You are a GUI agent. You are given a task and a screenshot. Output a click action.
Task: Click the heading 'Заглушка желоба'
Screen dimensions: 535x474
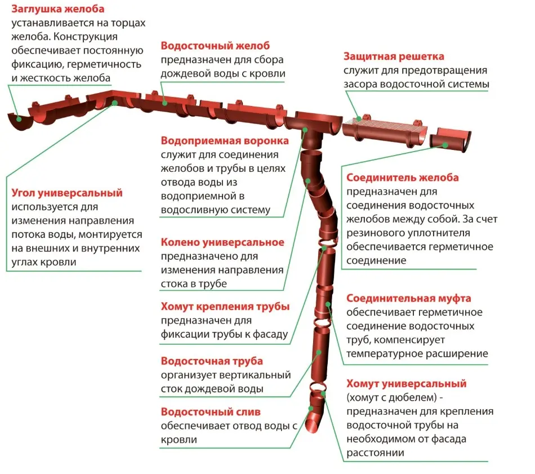tap(57, 9)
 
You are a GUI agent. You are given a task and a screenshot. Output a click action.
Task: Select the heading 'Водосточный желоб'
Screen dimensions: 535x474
tap(215, 46)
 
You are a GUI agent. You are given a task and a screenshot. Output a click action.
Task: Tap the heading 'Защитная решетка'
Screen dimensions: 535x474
tap(394, 56)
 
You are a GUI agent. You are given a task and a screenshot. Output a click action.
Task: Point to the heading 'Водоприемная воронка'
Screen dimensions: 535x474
tap(225, 141)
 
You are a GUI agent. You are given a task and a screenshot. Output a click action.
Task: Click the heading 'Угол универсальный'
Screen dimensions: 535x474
tap(67, 193)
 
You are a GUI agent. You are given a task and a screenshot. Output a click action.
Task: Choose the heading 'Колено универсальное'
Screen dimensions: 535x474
tap(222, 242)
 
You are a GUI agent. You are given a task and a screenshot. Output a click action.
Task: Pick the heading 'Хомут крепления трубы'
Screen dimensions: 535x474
tap(225, 307)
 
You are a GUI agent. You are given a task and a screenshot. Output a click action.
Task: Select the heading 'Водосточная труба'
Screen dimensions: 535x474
tap(212, 361)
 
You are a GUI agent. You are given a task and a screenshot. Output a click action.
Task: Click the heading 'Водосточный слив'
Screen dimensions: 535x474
tap(211, 412)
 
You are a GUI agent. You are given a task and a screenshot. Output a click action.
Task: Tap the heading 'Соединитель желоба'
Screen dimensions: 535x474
tap(403, 178)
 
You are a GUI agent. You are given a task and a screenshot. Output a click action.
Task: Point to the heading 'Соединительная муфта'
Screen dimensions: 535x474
tap(409, 299)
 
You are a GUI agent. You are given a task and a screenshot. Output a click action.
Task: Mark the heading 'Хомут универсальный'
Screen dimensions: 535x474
tap(407, 383)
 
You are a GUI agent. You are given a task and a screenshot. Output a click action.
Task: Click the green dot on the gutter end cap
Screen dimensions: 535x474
tap(19, 119)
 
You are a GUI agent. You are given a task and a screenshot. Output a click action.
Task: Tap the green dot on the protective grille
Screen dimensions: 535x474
tap(359, 119)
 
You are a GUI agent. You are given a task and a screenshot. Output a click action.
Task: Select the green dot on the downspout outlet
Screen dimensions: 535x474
tap(311, 408)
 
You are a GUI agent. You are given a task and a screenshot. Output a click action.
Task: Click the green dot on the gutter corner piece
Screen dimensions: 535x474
tap(115, 103)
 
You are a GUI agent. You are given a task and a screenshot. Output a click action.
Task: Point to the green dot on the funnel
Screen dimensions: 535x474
tap(305, 130)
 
